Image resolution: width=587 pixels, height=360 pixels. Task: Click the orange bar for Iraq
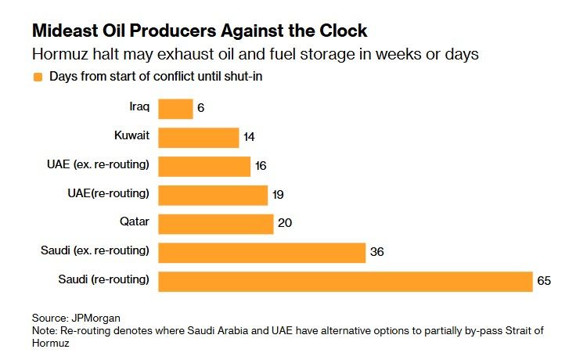click(x=175, y=109)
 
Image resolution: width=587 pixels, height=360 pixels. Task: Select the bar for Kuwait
click(x=198, y=138)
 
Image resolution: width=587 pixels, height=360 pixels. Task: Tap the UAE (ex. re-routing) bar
click(x=204, y=166)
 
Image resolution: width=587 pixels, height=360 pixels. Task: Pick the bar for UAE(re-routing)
click(x=213, y=195)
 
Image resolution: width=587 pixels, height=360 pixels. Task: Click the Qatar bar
click(x=216, y=223)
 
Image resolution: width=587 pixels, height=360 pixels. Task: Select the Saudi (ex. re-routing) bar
click(x=262, y=252)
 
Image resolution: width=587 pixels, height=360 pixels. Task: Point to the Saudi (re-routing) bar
click(x=345, y=280)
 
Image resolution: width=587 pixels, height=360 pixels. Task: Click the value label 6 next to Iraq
click(x=201, y=109)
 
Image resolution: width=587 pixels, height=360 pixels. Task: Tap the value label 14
click(x=249, y=138)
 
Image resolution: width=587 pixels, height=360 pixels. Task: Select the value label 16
click(x=261, y=166)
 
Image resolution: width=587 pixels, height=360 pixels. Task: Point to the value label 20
click(x=285, y=223)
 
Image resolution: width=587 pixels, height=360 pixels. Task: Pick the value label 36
click(x=377, y=252)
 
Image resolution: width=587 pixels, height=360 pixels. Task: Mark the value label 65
click(x=544, y=280)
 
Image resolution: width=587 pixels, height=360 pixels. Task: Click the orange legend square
click(x=37, y=77)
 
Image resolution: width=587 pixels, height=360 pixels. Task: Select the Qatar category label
click(x=135, y=221)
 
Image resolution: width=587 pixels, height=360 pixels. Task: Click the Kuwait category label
click(x=131, y=135)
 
